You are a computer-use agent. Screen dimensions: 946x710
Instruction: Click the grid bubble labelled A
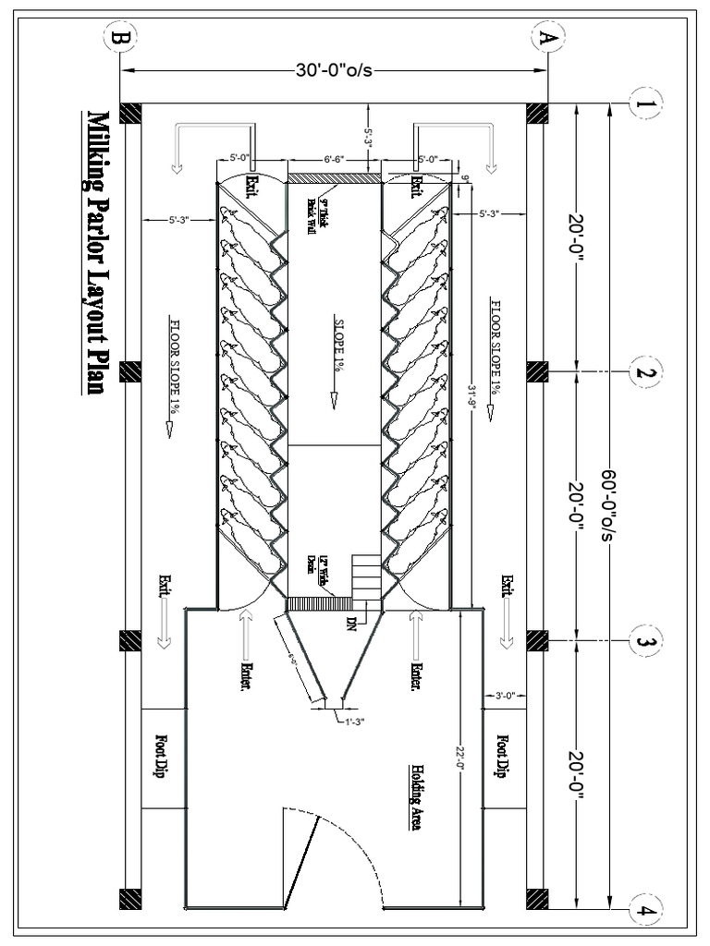(547, 38)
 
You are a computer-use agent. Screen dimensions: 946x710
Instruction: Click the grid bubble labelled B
(121, 38)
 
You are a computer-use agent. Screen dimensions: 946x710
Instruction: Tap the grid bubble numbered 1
(643, 103)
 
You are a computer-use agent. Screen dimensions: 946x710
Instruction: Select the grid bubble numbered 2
(643, 372)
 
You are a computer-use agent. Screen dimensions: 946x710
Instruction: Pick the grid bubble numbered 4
(643, 909)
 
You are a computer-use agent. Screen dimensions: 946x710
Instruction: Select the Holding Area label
(417, 797)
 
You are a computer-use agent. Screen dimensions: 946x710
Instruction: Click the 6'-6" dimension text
(334, 159)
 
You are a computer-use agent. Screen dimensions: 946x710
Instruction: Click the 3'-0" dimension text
(505, 695)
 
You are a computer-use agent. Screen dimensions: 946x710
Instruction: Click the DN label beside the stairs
(351, 620)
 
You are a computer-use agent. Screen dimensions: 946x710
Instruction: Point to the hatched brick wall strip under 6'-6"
(334, 176)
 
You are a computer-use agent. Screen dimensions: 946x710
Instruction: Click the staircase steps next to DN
(366, 574)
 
